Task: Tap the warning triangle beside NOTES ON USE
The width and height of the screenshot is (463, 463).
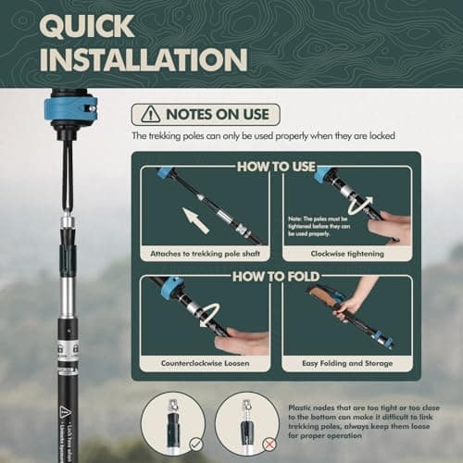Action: pos(148,114)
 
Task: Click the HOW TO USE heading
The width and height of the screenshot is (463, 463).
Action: pos(275,167)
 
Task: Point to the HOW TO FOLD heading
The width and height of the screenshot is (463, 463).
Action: pos(275,275)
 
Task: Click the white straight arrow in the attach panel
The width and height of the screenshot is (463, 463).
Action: pos(199,222)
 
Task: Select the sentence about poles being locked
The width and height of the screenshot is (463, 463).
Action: pos(264,136)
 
